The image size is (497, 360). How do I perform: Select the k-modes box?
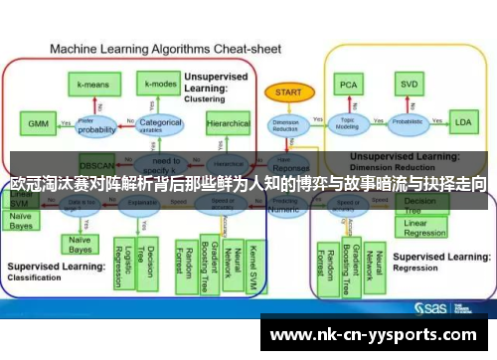pyautogui.click(x=157, y=86)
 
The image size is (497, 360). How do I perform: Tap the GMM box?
pyautogui.click(x=37, y=124)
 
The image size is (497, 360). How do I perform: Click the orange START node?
pyautogui.click(x=287, y=91)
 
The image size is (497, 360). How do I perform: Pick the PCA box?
pyautogui.click(x=349, y=85)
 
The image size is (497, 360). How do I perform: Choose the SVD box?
pyautogui.click(x=408, y=85)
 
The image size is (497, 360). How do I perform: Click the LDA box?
pyautogui.click(x=462, y=123)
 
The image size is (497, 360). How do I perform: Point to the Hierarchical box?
pyautogui.click(x=228, y=125)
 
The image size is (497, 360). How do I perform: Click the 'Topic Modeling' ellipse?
pyautogui.click(x=349, y=124)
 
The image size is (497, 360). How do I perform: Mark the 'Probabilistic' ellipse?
pyautogui.click(x=408, y=124)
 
